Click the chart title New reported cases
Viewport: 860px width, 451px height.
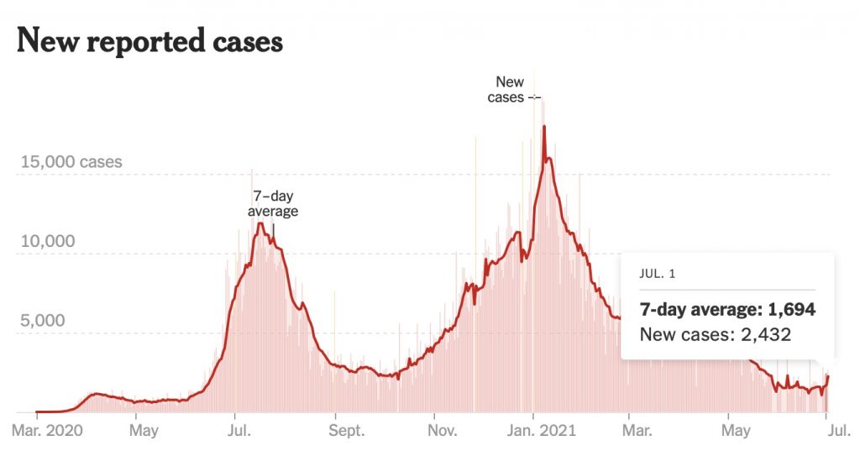(x=149, y=40)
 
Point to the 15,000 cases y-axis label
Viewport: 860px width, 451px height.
(x=71, y=161)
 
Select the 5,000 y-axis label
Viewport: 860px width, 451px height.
(x=43, y=321)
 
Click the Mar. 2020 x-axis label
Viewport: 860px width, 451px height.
(x=48, y=432)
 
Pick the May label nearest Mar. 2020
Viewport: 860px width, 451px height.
(x=144, y=432)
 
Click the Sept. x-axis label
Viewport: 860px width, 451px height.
(x=345, y=432)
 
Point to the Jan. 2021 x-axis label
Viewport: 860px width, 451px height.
(x=541, y=432)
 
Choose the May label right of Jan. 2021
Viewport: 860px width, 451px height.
(x=736, y=432)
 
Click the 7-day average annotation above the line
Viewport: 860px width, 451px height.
(x=273, y=204)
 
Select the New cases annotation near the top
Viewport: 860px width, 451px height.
(x=506, y=89)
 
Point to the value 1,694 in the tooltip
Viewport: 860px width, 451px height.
(x=788, y=309)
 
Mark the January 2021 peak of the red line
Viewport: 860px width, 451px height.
(x=544, y=127)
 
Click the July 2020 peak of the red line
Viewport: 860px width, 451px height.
(x=261, y=223)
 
